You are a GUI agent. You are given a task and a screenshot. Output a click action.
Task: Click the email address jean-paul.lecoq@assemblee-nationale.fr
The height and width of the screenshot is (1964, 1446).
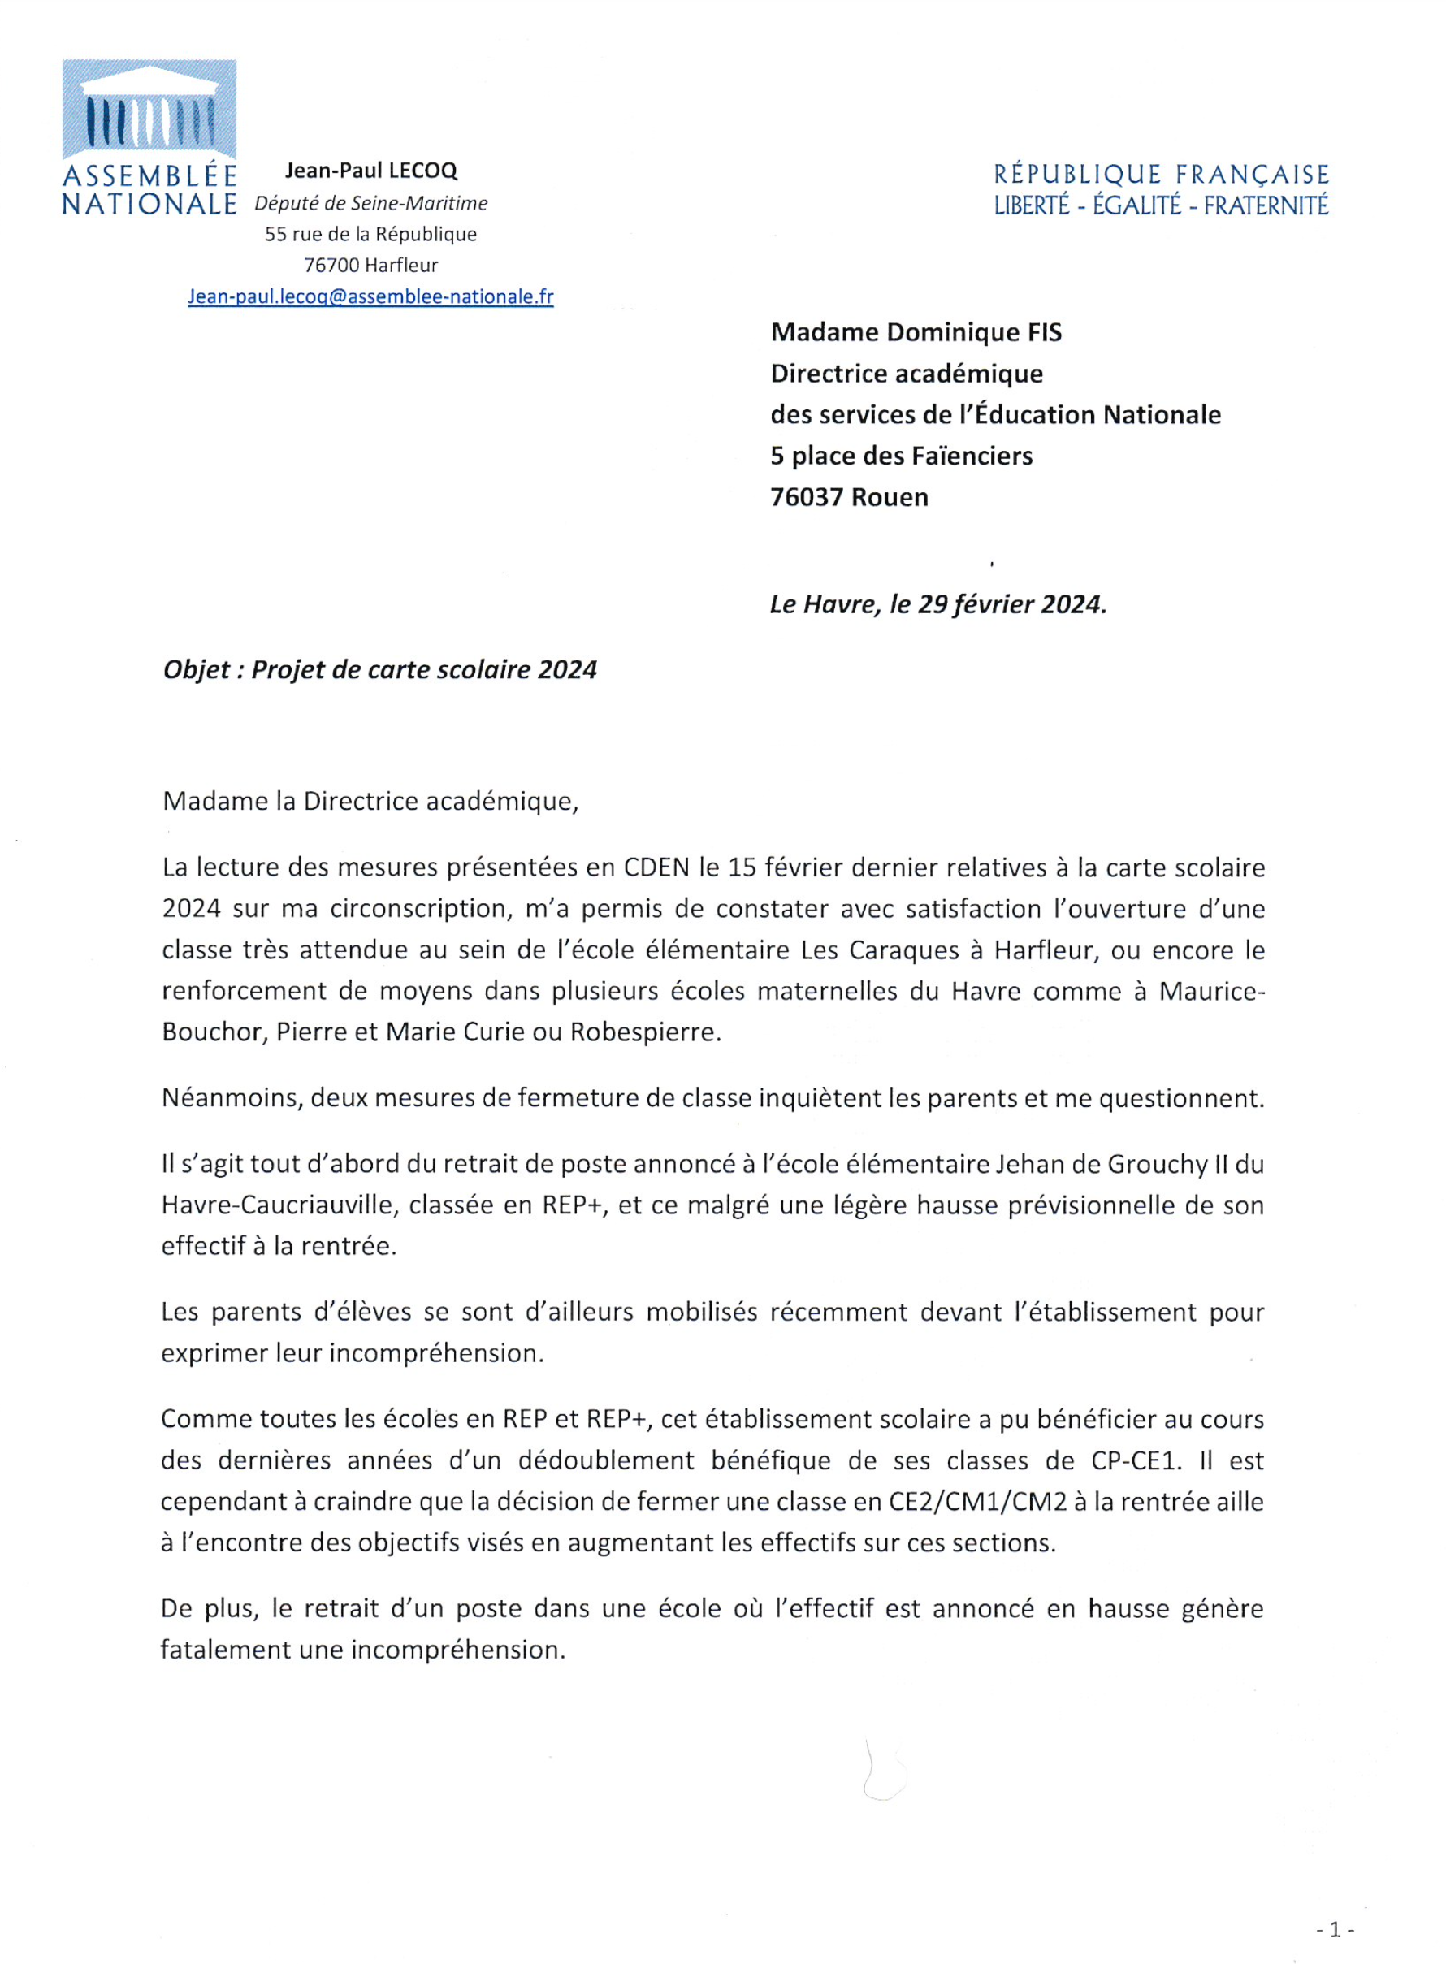point(370,296)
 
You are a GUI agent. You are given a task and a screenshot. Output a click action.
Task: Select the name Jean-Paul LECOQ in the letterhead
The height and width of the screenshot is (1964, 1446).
point(371,171)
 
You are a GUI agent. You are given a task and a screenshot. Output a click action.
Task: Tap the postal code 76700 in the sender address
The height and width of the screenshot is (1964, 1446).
point(330,265)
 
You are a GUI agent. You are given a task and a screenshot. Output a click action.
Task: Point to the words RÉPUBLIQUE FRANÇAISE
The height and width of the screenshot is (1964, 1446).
point(1161,174)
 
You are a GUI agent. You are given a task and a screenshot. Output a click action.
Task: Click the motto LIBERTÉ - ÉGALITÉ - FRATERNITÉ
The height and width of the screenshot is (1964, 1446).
point(1161,205)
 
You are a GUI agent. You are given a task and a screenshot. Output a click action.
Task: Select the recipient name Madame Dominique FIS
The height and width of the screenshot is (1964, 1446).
point(916,332)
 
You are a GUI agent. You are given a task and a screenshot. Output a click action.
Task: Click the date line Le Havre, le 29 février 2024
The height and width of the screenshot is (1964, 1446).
point(937,605)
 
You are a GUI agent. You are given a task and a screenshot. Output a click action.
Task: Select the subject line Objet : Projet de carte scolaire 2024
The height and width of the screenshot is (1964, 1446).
point(380,670)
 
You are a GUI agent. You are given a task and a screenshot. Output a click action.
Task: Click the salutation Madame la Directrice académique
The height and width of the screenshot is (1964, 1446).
point(370,802)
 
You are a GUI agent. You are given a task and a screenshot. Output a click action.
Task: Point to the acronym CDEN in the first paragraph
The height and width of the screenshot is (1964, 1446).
point(656,867)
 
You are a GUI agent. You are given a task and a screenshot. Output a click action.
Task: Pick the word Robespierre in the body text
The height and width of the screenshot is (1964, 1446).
point(645,1032)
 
